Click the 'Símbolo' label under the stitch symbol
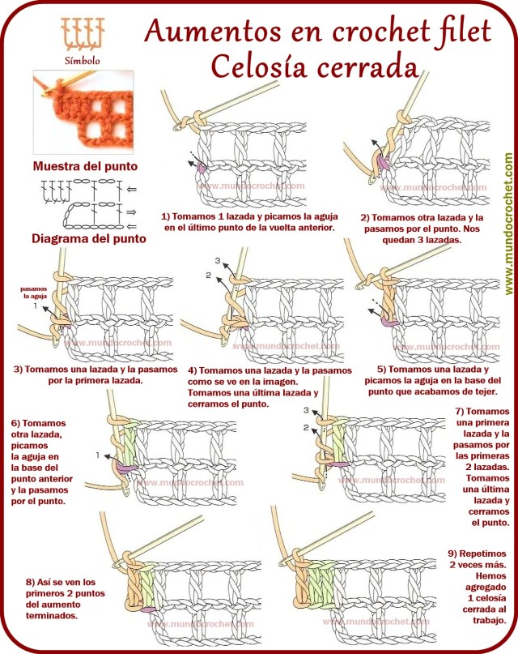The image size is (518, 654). (x=83, y=60)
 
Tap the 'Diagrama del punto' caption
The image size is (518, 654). (x=89, y=239)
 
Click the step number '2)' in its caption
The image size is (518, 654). (x=366, y=218)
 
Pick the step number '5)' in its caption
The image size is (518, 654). (x=381, y=369)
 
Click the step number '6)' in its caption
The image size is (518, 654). (x=16, y=423)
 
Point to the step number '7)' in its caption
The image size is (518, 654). (x=460, y=411)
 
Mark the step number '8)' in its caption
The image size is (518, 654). (x=30, y=582)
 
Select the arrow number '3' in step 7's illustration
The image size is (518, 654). (x=306, y=410)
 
